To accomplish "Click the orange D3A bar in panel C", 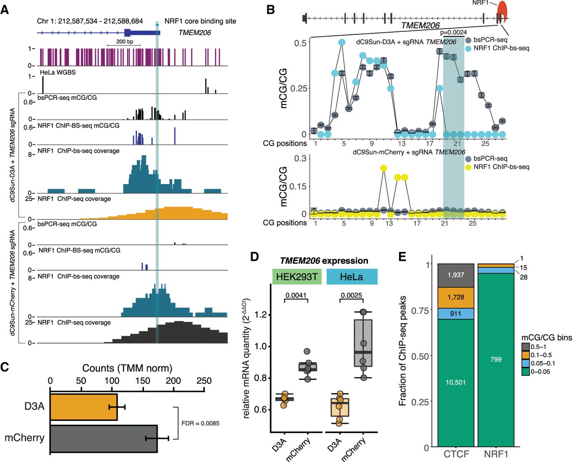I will pos(84,407).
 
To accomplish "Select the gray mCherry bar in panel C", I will pos(103,438).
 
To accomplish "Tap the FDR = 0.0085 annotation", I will pos(200,423).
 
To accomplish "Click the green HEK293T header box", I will pos(297,277).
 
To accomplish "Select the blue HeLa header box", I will pos(352,277).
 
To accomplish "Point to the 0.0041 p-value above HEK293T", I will pos(296,295).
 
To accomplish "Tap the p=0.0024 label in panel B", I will pos(453,33).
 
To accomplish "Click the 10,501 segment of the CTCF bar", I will pos(456,382).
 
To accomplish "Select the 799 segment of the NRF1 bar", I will pos(496,359).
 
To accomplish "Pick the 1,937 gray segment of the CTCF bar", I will pos(456,275).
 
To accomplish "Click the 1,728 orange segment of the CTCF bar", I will pos(456,297).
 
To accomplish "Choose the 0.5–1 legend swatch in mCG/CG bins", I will pos(526,347).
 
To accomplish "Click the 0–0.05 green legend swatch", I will pos(526,371).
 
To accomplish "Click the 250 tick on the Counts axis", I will pos(204,381).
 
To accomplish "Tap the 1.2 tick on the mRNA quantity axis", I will pos(261,315).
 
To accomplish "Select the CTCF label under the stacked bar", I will pos(456,454).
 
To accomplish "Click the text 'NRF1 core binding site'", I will pos(200,21).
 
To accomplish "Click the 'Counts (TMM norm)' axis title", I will pos(127,368).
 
